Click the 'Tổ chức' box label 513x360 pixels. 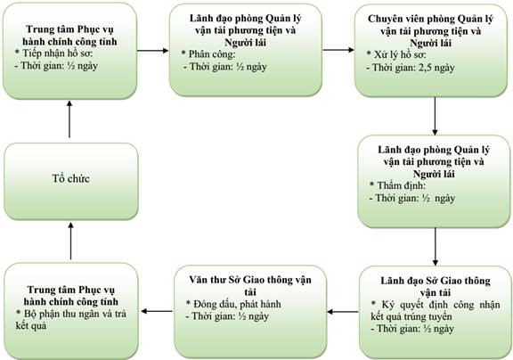(x=70, y=179)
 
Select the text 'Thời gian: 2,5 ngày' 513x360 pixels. (x=413, y=68)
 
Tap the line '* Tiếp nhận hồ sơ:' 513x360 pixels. (x=54, y=53)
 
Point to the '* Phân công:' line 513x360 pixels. (x=208, y=54)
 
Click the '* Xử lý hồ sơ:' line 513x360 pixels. (x=396, y=55)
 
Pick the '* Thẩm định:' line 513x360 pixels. (x=397, y=185)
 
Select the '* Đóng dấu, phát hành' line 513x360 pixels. (x=233, y=304)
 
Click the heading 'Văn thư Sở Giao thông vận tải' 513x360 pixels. (x=250, y=286)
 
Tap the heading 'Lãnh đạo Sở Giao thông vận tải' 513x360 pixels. (x=436, y=286)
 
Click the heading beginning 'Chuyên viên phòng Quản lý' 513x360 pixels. (x=430, y=31)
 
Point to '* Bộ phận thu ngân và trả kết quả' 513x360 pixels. (x=71, y=320)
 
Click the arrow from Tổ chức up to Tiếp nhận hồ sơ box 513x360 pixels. (x=69, y=119)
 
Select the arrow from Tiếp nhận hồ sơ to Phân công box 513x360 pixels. (x=152, y=51)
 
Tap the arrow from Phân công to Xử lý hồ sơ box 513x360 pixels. (x=338, y=50)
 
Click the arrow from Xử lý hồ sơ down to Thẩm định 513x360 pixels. (x=435, y=116)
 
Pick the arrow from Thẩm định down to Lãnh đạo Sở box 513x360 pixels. (x=436, y=247)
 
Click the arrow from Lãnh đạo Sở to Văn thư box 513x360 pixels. (x=343, y=312)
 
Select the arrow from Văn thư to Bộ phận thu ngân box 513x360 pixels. (x=157, y=311)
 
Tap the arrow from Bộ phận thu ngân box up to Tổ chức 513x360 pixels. (x=70, y=241)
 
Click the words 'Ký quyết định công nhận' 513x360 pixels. (x=439, y=305)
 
